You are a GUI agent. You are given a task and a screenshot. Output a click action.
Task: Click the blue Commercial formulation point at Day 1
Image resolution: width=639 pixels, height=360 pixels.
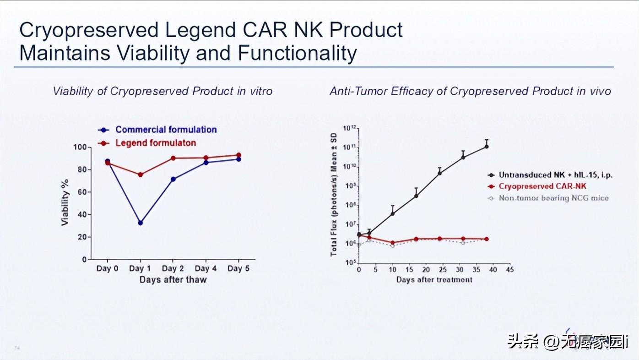click(x=140, y=223)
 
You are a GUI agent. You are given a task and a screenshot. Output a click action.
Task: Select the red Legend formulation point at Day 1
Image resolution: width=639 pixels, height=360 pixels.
click(x=140, y=175)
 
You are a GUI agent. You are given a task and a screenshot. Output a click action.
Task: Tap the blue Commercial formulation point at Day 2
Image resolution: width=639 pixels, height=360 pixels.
click(x=173, y=179)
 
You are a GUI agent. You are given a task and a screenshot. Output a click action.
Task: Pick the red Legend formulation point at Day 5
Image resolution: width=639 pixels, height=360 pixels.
click(x=238, y=155)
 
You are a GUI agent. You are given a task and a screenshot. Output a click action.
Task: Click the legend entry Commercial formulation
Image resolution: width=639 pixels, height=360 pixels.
click(x=166, y=130)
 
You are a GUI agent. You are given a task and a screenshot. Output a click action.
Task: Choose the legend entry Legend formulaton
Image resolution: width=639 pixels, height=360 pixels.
click(x=155, y=143)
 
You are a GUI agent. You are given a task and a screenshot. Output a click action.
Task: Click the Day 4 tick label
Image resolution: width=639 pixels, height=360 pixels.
click(x=206, y=268)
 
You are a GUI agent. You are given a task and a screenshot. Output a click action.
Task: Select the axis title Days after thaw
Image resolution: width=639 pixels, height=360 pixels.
click(x=173, y=279)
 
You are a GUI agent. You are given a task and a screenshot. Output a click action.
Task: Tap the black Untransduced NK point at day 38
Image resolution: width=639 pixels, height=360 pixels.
click(x=486, y=147)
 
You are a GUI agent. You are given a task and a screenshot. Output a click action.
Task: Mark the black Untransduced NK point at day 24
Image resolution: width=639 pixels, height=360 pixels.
click(x=439, y=173)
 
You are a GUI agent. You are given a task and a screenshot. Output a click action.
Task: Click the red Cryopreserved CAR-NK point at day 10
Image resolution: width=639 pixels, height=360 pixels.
click(x=392, y=243)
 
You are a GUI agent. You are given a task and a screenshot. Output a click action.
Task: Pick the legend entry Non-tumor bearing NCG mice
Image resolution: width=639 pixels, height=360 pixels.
click(x=553, y=198)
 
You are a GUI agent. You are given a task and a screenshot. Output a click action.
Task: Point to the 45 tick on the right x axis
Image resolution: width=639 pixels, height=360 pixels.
click(x=509, y=270)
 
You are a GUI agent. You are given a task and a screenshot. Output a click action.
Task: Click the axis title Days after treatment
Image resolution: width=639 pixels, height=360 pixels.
click(x=434, y=279)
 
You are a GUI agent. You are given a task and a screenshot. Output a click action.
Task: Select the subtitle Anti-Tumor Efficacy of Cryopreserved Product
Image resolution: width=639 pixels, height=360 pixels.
click(x=470, y=91)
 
